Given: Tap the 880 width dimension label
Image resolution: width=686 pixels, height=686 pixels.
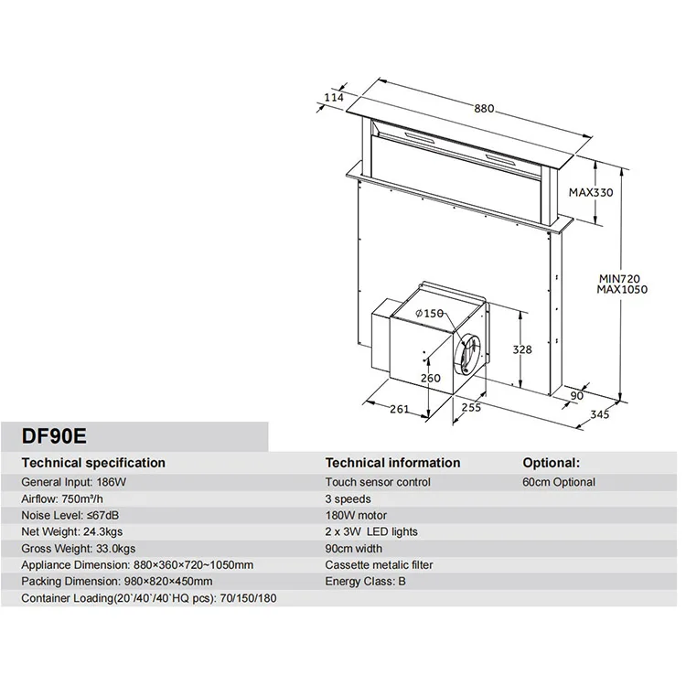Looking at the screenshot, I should pos(483,109).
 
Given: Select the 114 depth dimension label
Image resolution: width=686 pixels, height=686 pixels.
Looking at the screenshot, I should pos(336,98).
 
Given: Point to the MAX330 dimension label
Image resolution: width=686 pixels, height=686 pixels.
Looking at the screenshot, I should pos(590,193).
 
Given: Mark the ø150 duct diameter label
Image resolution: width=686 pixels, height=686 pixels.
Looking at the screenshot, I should pos(429,314).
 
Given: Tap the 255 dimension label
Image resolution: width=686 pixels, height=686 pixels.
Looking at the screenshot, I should pos(471,408).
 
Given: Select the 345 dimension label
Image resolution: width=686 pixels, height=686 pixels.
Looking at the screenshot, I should pos(599,414).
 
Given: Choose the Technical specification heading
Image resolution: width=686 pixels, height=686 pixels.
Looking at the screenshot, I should pos(93,463).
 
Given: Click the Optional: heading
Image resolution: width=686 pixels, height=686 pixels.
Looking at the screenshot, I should pos(551,463).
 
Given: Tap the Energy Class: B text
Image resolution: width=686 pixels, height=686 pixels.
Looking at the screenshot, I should pos(366,582).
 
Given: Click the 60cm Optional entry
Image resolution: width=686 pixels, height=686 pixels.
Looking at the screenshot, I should pos(559,482).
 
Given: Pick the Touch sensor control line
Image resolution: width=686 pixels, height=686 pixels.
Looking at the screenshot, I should pos(377,482).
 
